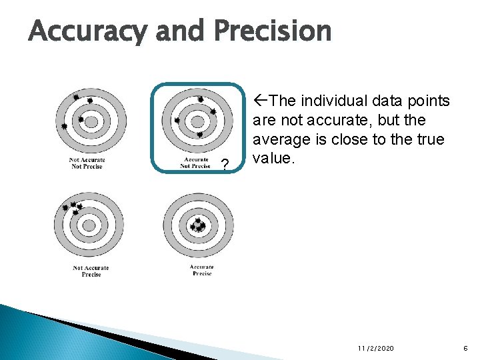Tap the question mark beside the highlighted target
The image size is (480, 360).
click(225, 165)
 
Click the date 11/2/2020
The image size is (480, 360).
click(376, 349)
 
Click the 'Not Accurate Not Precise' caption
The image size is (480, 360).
click(87, 163)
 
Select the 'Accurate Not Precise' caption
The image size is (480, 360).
click(195, 163)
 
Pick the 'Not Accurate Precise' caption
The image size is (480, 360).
click(91, 271)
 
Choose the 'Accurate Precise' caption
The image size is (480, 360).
click(201, 270)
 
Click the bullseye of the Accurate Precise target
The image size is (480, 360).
click(198, 226)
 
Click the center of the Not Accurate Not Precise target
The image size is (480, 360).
click(91, 122)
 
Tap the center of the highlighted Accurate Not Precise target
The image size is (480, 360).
click(197, 122)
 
